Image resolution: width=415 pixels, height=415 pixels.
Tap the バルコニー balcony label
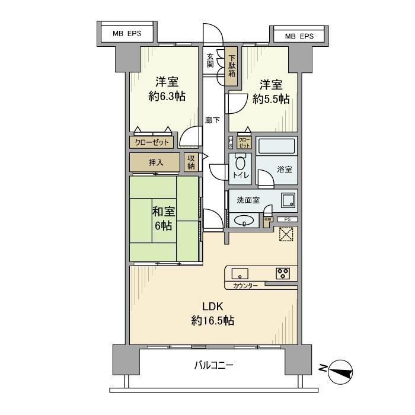click(x=213, y=365)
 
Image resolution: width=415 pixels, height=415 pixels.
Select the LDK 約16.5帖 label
click(x=212, y=314)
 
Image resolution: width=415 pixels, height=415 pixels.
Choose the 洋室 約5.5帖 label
click(x=270, y=92)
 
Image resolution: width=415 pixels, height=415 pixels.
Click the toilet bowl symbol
click(x=241, y=164)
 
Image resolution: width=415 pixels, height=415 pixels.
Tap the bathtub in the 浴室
click(x=276, y=146)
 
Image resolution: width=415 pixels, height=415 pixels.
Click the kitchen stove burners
click(x=283, y=273)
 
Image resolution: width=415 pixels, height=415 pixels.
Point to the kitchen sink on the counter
click(x=241, y=273)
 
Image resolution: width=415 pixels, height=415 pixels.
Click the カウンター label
click(x=245, y=286)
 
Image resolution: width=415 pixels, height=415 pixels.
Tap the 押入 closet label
click(x=155, y=162)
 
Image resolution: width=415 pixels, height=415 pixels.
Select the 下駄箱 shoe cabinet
click(x=232, y=65)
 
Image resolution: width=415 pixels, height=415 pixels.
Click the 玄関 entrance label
click(x=210, y=61)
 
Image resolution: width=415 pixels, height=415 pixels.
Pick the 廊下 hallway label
click(x=212, y=120)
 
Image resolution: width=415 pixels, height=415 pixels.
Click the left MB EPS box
click(x=127, y=34)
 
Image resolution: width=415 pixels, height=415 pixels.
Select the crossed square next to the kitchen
click(x=285, y=236)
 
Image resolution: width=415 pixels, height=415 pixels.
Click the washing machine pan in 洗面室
click(x=288, y=200)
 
